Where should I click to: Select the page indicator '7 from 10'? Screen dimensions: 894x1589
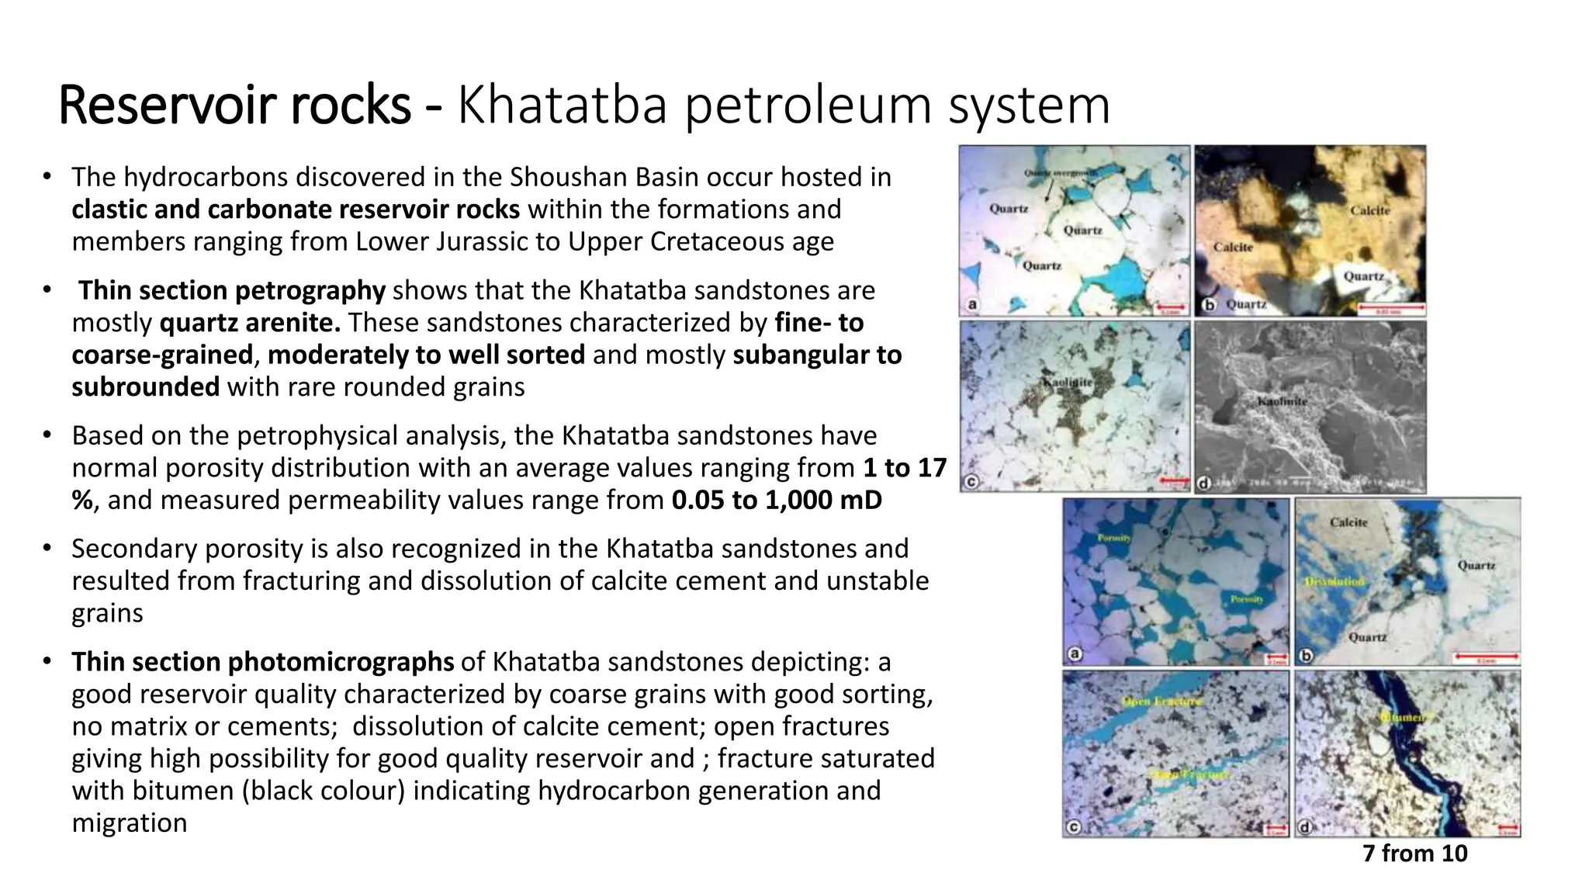tap(1414, 853)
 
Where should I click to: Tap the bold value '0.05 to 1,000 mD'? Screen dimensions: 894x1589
tap(777, 500)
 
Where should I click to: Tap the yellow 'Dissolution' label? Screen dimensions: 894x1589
tap(1334, 581)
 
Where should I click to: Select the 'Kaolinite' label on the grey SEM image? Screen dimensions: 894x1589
tap(1283, 401)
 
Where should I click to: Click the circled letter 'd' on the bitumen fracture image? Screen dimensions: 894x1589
tap(1305, 827)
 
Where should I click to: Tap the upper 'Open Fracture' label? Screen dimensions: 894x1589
tap(1161, 701)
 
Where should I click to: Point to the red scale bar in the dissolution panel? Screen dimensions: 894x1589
tap(1486, 657)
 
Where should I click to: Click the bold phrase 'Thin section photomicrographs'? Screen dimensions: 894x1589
tap(263, 661)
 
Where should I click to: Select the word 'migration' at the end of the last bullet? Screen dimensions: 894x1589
tap(130, 823)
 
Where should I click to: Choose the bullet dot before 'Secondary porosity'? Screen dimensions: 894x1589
tap(47, 548)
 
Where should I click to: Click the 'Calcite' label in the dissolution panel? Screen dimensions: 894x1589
tap(1348, 522)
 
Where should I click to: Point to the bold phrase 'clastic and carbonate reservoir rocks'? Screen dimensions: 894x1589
tap(296, 210)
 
